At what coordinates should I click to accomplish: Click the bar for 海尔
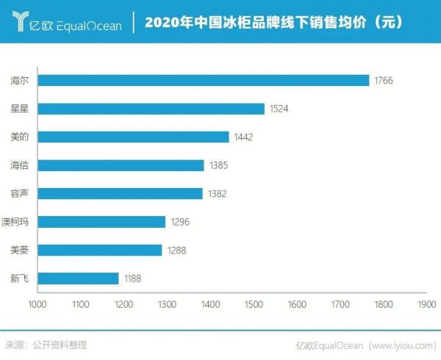(x=203, y=80)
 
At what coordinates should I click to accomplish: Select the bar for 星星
(x=151, y=109)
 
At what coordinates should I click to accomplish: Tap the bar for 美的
(x=133, y=137)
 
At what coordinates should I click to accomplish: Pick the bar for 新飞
(x=78, y=278)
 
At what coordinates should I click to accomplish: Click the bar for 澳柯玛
(x=101, y=222)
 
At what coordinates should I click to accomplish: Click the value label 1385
(x=218, y=165)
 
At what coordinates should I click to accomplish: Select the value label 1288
(x=176, y=251)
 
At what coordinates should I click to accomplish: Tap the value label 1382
(x=217, y=194)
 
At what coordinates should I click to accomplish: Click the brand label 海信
(x=20, y=165)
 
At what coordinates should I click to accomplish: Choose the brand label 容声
(x=20, y=194)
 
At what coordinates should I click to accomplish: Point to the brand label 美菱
(x=20, y=251)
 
